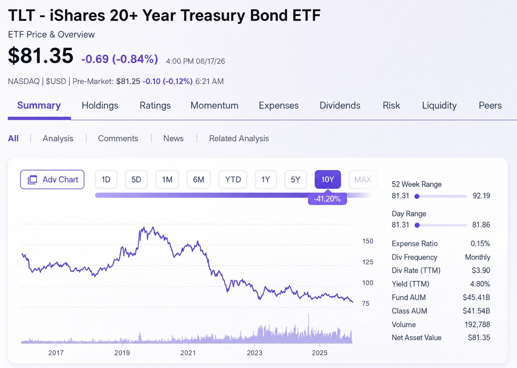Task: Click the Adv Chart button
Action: coord(52,179)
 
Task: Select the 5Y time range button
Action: coord(295,179)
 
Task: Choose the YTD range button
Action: coord(233,179)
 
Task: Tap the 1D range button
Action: coord(106,179)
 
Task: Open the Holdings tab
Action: coord(100,105)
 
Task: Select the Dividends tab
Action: coord(340,105)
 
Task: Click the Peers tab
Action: coord(490,105)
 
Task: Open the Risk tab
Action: coord(391,105)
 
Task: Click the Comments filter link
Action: coord(118,138)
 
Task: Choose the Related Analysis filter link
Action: coord(239,138)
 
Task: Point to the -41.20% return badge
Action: coord(327,198)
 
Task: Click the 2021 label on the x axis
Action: coord(188,353)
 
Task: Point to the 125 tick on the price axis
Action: coord(368,262)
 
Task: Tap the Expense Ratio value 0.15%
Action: coord(480,244)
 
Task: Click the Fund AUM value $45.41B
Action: coord(476,297)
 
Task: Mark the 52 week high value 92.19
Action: coord(481,196)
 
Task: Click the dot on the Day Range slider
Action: coord(417,225)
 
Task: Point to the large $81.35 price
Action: coord(41,56)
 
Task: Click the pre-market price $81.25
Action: coord(128,81)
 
